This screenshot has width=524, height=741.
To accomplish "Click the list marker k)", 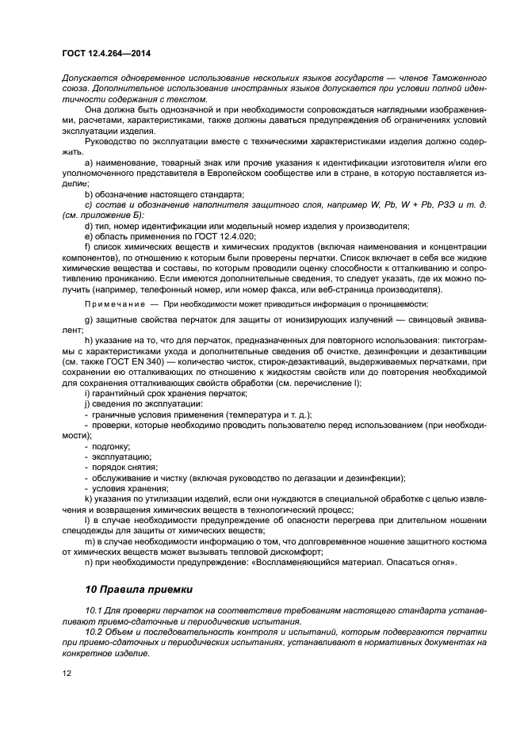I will (88, 499).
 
